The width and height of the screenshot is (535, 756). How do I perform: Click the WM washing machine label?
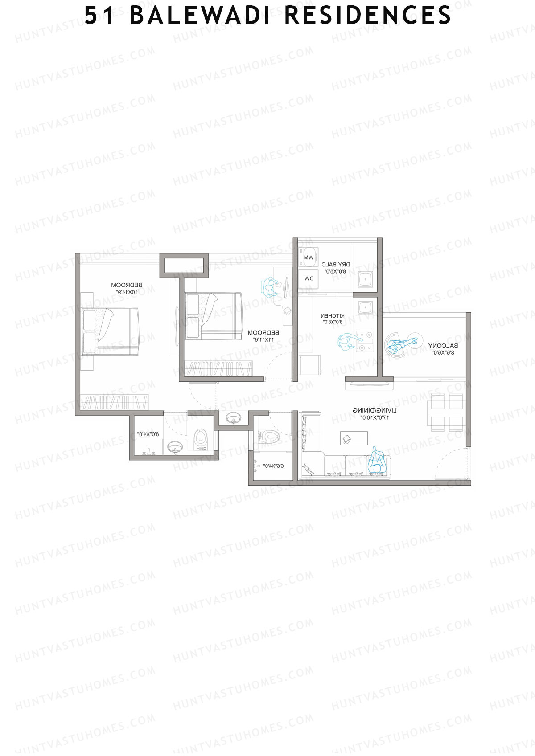click(x=309, y=257)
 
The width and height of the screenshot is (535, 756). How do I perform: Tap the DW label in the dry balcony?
click(x=309, y=278)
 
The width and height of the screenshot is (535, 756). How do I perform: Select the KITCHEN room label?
click(x=333, y=316)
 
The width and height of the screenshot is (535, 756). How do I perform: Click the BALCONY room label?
click(x=443, y=346)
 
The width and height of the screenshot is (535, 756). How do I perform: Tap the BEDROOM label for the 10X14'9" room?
click(x=127, y=285)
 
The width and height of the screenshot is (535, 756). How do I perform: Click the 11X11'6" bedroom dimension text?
click(x=263, y=339)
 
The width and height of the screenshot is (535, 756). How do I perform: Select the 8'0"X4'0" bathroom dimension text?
click(x=148, y=434)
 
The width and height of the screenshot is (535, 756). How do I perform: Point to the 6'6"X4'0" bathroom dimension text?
click(x=273, y=466)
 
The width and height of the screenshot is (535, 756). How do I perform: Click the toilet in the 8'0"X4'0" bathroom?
click(x=201, y=438)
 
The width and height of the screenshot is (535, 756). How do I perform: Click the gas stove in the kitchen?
click(x=366, y=341)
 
